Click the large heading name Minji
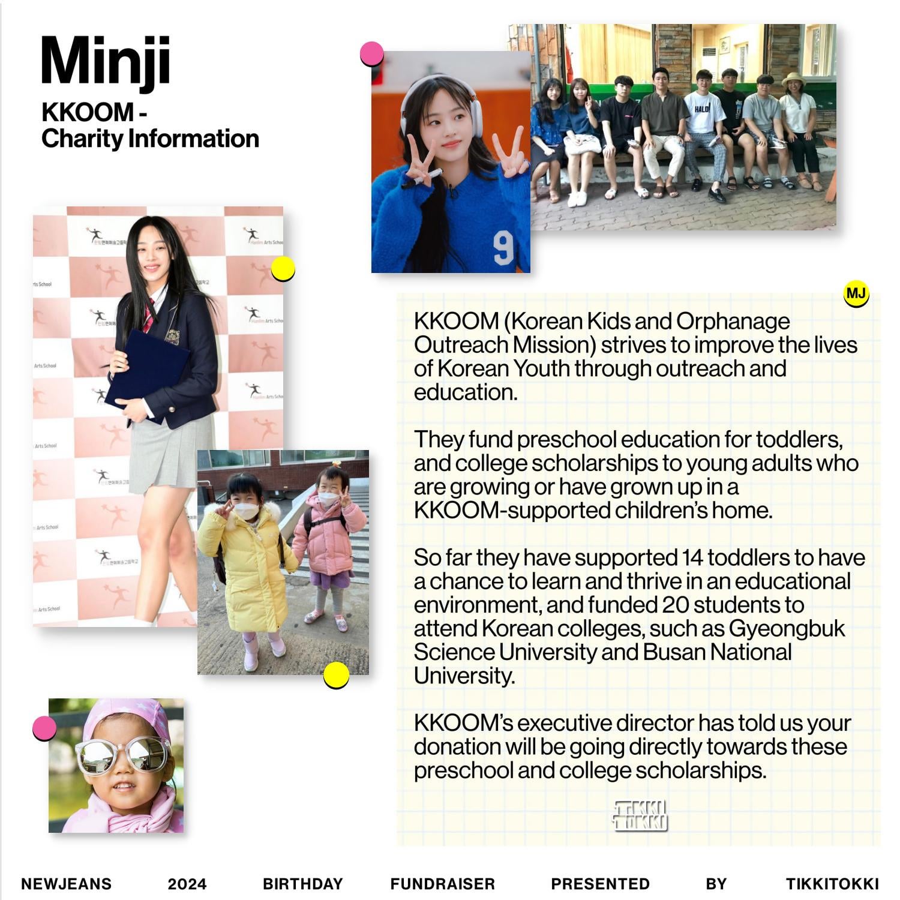click(x=106, y=62)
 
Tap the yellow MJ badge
click(x=856, y=294)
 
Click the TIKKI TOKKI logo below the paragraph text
click(x=640, y=815)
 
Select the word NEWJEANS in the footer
click(x=66, y=884)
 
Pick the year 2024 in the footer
click(x=187, y=884)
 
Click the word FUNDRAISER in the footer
click(x=443, y=884)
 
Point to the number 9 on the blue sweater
click(x=503, y=248)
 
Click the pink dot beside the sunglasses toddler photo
click(x=44, y=728)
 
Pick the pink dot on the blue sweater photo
click(x=372, y=54)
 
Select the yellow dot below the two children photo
click(x=336, y=676)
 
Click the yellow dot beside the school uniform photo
click(x=283, y=269)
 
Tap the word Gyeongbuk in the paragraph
click(x=787, y=628)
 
